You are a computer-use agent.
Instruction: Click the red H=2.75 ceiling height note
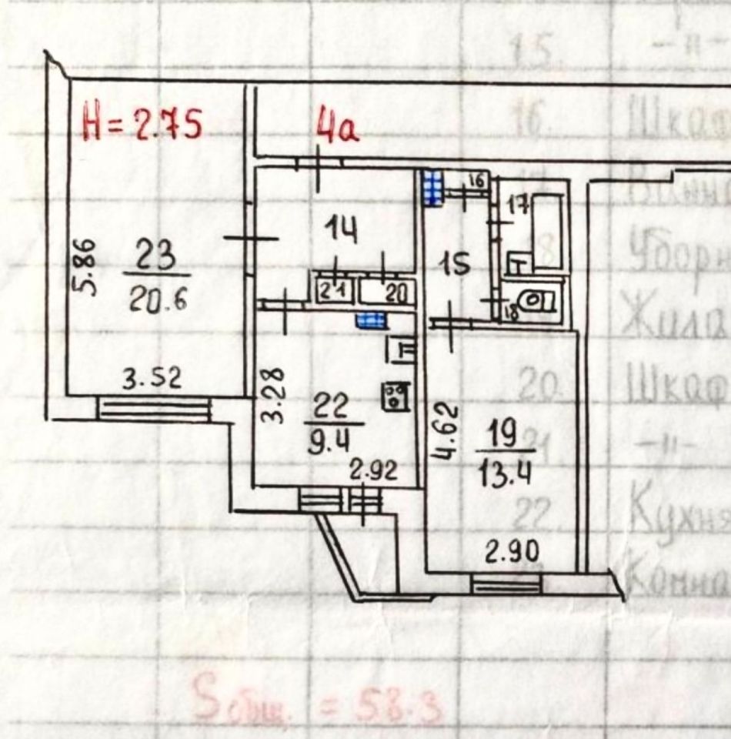coord(142,124)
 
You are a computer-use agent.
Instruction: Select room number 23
coord(156,256)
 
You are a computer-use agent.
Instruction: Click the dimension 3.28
coord(278,394)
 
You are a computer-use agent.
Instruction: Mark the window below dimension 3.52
coord(154,408)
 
